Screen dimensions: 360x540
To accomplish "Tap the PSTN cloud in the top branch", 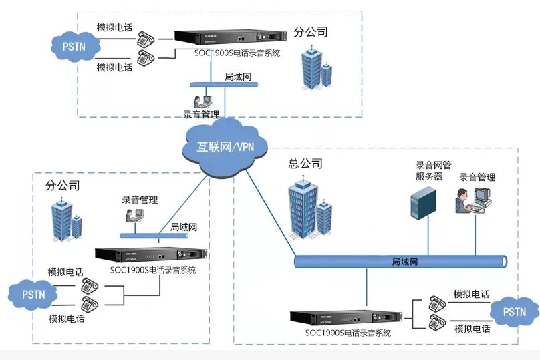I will point(74,46).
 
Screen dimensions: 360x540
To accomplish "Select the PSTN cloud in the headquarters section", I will point(514,311).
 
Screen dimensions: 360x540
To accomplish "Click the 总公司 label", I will point(305,163).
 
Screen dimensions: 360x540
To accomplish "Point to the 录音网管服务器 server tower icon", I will point(422,202).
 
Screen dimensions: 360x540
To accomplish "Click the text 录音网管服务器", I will point(429,171).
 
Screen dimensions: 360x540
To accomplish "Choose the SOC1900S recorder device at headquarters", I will point(345,317).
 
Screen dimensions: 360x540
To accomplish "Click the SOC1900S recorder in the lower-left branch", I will point(151,255).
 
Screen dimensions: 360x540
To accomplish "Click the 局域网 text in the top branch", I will point(237,77).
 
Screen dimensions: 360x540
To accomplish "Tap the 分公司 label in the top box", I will point(311,31).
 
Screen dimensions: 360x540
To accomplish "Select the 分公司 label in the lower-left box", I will point(63,185).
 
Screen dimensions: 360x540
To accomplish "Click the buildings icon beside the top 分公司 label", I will point(315,68).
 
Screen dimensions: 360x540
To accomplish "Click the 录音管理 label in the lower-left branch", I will point(140,199).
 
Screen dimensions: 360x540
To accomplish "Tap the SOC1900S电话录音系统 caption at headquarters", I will point(348,332).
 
